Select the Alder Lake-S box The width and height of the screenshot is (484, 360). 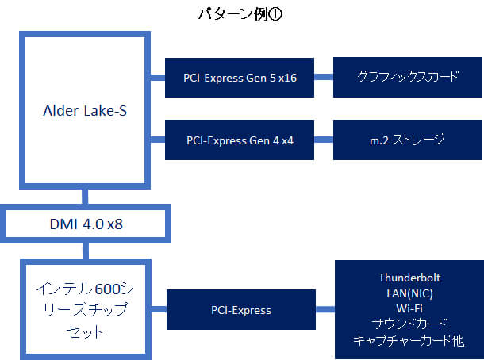(84, 110)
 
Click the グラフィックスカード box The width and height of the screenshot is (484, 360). (407, 77)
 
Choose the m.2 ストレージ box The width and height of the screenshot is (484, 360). (407, 140)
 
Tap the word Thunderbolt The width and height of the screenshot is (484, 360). (409, 278)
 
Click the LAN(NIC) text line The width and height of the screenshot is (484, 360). (409, 293)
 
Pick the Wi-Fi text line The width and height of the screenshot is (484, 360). (409, 308)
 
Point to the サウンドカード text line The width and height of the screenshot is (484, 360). (409, 324)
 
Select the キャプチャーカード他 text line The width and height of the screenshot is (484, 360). (409, 339)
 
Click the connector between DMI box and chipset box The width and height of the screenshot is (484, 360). (84, 251)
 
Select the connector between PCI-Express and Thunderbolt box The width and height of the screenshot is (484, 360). (325, 310)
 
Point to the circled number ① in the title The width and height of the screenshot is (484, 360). (280, 14)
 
